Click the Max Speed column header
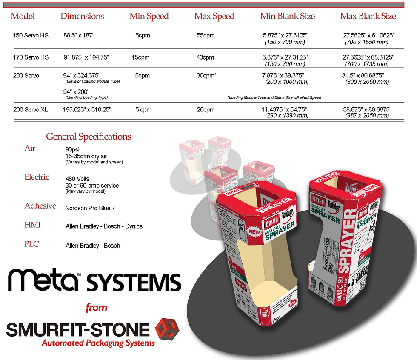pos(214,17)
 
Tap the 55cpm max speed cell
pos(206,35)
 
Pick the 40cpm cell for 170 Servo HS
pos(205,57)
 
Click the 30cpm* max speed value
pos(207,76)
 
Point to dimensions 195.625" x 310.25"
pos(87,110)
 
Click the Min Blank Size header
pos(288,17)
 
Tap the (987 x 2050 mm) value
pos(366,116)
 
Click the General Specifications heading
pos(89,137)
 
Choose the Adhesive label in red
pos(40,206)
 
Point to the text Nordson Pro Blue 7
pos(90,209)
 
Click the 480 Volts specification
pos(77,179)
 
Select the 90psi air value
pos(73,150)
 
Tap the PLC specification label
pos(32,244)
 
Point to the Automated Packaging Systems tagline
pos(98,343)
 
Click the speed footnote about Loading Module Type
pos(274,97)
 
